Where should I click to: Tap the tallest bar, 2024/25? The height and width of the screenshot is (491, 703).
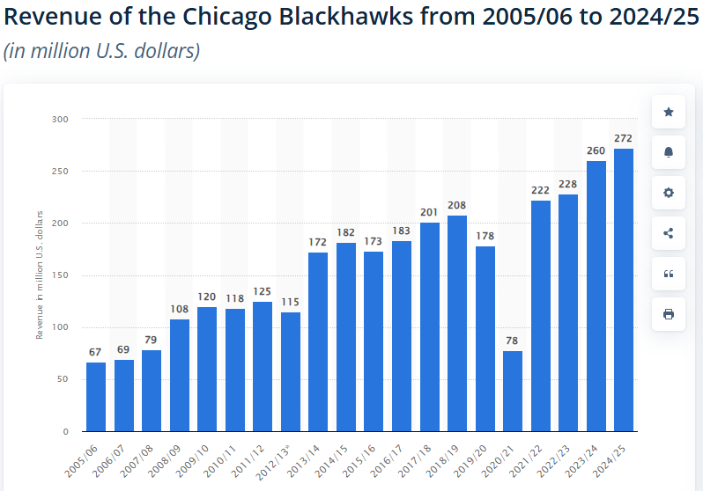tap(623, 290)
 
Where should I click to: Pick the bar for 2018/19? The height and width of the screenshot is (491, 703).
tap(456, 323)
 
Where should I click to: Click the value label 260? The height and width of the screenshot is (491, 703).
tap(596, 150)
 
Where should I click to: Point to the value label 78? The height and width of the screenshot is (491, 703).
tap(513, 341)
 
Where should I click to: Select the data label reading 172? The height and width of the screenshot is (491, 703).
tap(318, 242)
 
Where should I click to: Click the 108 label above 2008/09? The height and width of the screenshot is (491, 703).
tap(180, 309)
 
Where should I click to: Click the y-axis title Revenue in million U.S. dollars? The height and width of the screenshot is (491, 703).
tap(40, 275)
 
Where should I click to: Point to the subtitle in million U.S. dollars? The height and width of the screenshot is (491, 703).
tap(102, 51)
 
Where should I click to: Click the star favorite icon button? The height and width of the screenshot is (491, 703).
tap(668, 112)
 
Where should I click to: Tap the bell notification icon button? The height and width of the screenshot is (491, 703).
tap(668, 152)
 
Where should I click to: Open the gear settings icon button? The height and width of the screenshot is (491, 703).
tap(668, 193)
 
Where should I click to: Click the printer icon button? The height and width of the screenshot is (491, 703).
tap(668, 314)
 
